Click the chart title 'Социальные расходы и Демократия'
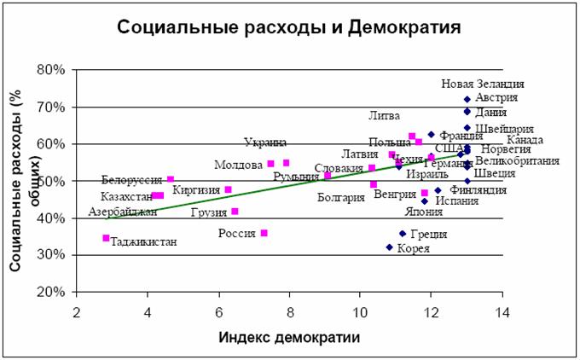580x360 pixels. pos(289,27)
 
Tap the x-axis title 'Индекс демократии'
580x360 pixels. pos(288,337)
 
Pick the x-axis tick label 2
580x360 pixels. pos(77,311)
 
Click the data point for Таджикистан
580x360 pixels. pos(106,238)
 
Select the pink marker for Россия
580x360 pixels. pos(264,233)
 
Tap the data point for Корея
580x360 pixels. pos(389,247)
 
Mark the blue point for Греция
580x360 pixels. pos(403,233)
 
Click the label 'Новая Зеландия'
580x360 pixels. pos(482,84)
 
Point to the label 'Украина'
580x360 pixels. pos(265,142)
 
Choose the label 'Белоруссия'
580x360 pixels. pos(131,180)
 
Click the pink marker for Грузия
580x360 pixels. pos(235,211)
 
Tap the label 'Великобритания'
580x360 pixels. pos(517,160)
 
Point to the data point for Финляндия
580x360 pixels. pos(438,191)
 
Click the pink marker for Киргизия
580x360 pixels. pos(229,189)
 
